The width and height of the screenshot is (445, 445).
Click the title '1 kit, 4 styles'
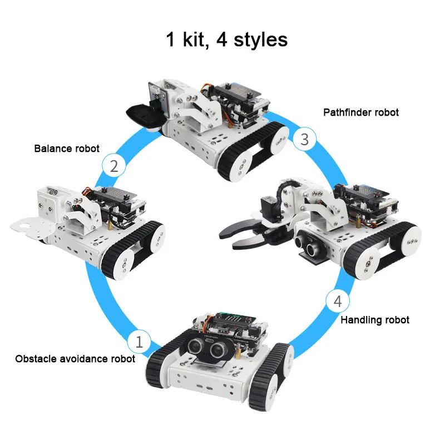pyautogui.click(x=226, y=39)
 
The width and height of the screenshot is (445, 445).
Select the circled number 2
pyautogui.click(x=113, y=166)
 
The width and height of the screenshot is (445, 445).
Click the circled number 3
pyautogui.click(x=304, y=139)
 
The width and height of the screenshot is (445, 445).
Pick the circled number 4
pyautogui.click(x=338, y=302)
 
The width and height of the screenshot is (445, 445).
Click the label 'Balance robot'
pyautogui.click(x=67, y=149)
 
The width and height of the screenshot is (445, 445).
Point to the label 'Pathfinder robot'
pyautogui.click(x=361, y=112)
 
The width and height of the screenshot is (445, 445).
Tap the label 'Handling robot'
pyautogui.click(x=374, y=320)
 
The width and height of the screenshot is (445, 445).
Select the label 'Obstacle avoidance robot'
pyautogui.click(x=75, y=359)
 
